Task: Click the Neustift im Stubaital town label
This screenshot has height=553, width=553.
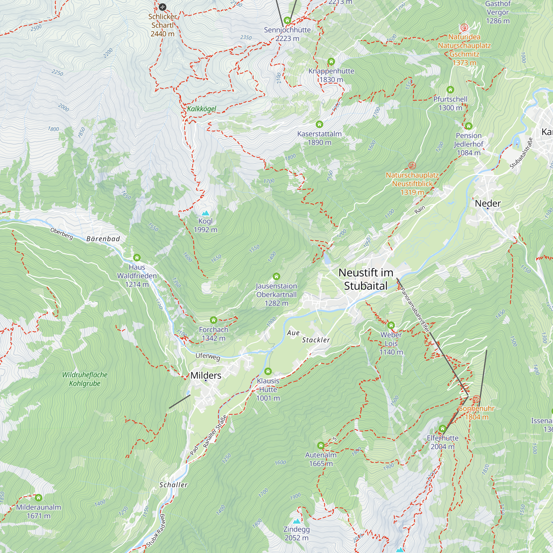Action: [x=366, y=279]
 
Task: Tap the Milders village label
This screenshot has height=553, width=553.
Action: [x=206, y=375]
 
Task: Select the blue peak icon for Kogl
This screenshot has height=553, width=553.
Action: [x=205, y=213]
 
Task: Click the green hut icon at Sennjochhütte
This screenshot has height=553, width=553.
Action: [x=287, y=20]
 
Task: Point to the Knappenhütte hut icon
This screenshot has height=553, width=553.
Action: [x=331, y=61]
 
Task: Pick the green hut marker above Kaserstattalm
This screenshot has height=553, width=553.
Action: [x=319, y=124]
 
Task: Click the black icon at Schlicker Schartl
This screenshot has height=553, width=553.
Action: [x=162, y=7]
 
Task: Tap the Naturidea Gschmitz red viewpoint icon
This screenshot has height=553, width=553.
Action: [x=464, y=27]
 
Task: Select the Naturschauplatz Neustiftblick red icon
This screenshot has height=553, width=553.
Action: [x=412, y=165]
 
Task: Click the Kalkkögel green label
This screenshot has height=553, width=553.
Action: [x=202, y=109]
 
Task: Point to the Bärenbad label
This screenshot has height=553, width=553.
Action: [x=103, y=239]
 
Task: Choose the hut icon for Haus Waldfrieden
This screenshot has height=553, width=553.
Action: [x=137, y=258]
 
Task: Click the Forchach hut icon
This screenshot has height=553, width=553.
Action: [x=213, y=320]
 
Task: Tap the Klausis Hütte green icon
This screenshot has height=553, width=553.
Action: [x=268, y=371]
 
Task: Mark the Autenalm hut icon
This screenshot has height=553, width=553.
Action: [x=321, y=445]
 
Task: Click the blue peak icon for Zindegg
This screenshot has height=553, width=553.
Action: [x=296, y=521]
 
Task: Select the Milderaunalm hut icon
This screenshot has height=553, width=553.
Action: [x=39, y=497]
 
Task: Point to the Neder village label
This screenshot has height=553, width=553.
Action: [x=488, y=203]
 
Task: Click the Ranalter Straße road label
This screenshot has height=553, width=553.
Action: [x=215, y=432]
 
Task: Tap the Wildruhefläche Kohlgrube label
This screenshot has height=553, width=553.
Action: [x=85, y=379]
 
